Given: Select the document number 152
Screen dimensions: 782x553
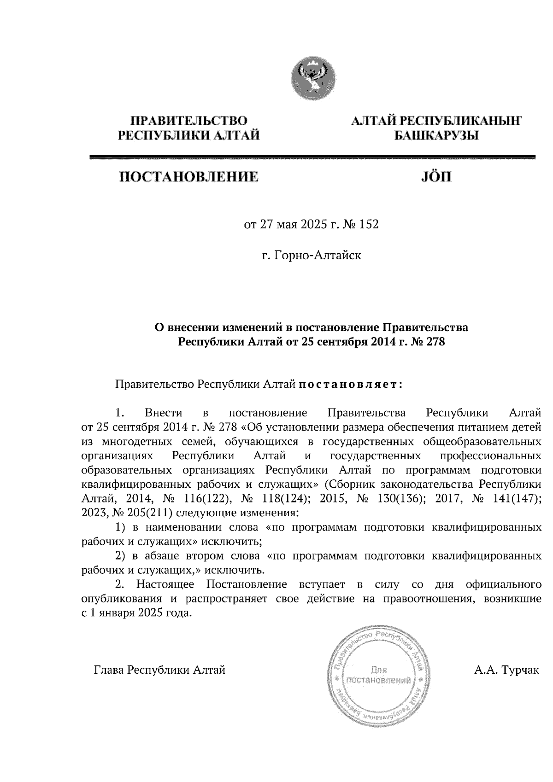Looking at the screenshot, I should click(370, 225).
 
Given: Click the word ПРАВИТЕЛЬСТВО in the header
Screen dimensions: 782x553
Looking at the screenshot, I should click(189, 121).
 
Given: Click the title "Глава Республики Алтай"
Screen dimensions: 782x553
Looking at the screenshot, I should click(159, 670).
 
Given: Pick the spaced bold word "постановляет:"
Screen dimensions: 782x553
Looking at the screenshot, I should click(351, 384).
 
